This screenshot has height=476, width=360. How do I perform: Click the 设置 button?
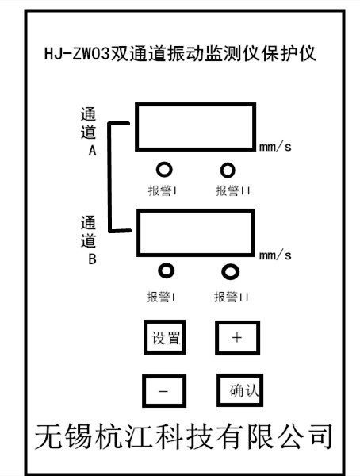(164, 337)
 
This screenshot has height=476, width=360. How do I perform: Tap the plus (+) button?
(237, 338)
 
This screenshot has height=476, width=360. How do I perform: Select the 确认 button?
(239, 390)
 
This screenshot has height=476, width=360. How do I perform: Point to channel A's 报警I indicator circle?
(164, 170)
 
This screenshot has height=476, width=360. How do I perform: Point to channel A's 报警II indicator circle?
(228, 170)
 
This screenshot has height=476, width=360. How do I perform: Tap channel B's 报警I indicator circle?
(167, 271)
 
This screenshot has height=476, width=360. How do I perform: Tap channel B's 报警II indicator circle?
(230, 271)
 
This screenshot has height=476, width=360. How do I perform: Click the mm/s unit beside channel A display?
(275, 147)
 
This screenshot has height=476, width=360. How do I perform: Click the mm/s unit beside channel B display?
(275, 255)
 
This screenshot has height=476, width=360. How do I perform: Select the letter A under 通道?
(92, 150)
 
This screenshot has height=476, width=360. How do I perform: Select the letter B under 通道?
(92, 259)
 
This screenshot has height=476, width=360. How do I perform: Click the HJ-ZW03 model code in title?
(77, 54)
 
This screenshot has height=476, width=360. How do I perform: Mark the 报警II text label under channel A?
(233, 190)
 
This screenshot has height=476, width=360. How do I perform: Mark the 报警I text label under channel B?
(161, 297)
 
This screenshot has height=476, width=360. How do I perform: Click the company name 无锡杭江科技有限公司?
(184, 436)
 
